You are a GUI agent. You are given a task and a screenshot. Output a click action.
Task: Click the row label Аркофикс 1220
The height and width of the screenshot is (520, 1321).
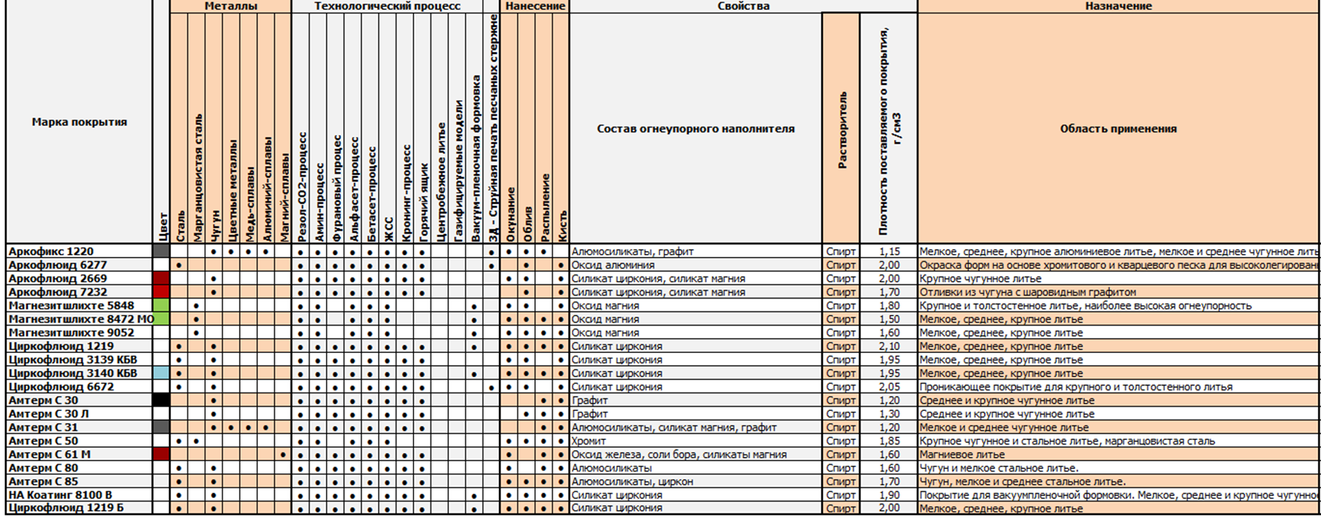tap(51, 251)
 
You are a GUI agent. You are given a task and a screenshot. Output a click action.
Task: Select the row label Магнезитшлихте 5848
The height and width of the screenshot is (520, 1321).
tap(71, 306)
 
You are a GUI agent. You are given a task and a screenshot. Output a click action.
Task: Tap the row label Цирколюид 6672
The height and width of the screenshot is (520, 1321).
tap(61, 387)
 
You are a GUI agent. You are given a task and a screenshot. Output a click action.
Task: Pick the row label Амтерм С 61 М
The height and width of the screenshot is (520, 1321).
tap(49, 454)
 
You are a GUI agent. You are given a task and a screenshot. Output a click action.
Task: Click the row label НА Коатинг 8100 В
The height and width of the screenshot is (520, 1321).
tap(60, 495)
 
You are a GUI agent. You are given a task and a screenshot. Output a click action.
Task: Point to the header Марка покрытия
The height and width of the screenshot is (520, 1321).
tap(79, 122)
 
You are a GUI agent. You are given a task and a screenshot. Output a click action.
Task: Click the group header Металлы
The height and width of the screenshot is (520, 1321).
tap(230, 6)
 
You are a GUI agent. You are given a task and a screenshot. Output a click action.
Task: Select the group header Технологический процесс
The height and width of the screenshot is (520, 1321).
tap(387, 6)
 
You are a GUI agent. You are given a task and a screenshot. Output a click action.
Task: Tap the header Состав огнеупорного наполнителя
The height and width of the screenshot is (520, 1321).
tap(695, 129)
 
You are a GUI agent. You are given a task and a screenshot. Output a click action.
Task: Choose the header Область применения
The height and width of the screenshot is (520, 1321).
tap(1118, 129)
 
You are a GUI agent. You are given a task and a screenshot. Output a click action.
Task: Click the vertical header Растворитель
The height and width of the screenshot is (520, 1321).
tap(842, 129)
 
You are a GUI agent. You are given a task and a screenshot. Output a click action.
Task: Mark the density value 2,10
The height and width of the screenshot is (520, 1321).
tap(889, 347)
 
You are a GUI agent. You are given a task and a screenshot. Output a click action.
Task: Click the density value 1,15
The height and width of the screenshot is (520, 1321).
tap(889, 251)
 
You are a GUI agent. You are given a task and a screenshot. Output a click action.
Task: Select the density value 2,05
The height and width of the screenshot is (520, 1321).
tap(889, 387)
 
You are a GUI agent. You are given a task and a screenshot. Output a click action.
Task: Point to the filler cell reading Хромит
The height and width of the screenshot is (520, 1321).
tap(589, 441)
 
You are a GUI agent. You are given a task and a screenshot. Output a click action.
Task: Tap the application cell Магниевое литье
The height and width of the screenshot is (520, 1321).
tap(961, 455)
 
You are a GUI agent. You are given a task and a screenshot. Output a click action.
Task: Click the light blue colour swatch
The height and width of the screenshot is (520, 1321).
tap(161, 374)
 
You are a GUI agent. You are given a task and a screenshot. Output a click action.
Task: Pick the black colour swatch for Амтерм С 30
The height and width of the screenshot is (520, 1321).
tap(161, 400)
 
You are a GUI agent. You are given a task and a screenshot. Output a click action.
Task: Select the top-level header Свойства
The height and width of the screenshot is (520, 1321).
tap(743, 6)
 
